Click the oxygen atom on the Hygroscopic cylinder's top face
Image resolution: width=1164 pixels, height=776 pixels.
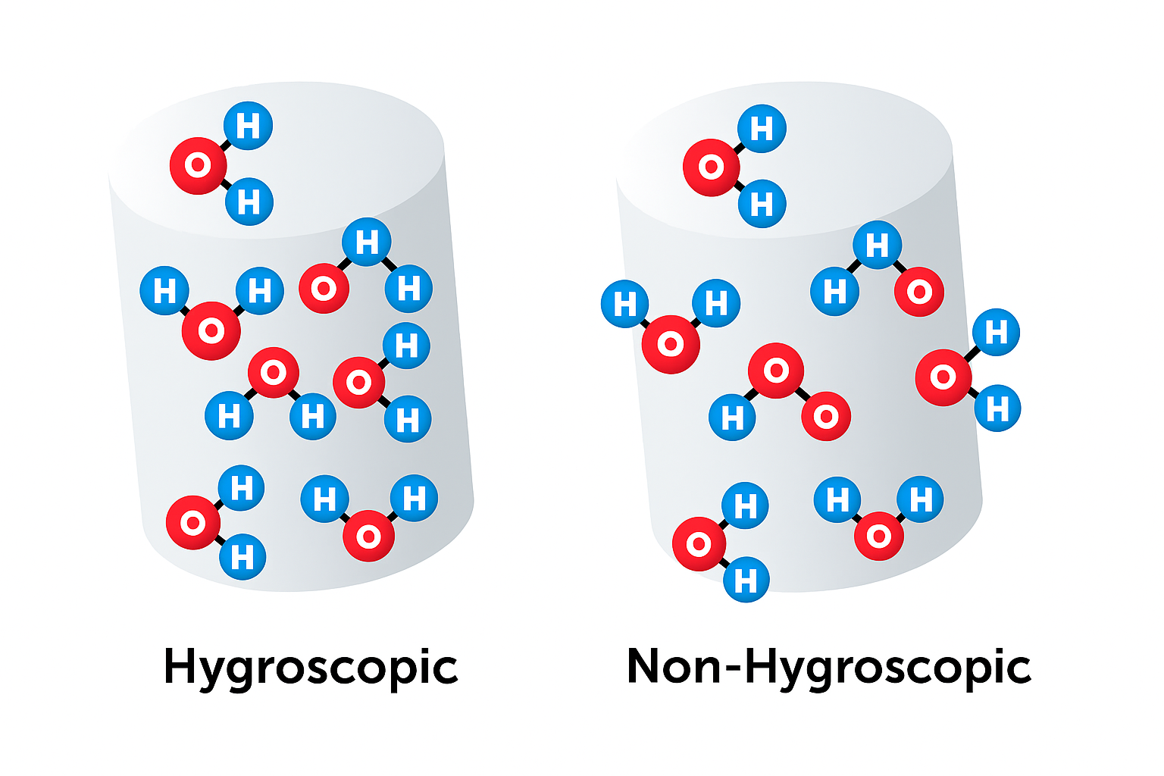tap(198, 165)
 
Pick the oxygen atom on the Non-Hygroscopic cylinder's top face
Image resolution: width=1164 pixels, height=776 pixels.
tap(711, 167)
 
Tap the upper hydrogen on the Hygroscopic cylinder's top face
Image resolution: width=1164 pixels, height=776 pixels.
tap(249, 126)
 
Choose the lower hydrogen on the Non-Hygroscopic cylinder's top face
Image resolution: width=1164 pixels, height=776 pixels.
tap(762, 204)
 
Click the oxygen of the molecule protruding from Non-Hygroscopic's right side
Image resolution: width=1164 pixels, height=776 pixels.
tap(943, 377)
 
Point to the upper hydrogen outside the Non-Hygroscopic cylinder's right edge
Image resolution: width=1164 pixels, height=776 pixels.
tap(997, 332)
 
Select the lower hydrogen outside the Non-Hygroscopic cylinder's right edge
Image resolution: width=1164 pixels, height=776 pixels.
tap(998, 408)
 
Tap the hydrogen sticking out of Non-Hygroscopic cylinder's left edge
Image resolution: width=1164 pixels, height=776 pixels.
tap(624, 304)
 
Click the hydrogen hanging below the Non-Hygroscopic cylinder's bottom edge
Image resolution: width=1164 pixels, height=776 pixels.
tap(746, 580)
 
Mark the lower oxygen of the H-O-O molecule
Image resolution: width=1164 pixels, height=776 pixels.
tap(826, 416)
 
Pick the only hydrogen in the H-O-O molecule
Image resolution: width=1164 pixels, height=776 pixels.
tap(732, 418)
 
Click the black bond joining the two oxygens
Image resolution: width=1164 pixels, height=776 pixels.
tap(802, 393)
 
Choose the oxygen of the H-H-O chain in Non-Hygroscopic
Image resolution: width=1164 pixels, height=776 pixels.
tap(919, 292)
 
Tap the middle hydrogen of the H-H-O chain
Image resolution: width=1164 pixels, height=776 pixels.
tap(878, 245)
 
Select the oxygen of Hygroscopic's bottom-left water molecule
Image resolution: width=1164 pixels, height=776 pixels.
tap(193, 523)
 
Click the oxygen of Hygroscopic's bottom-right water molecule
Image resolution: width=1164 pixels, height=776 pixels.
tap(369, 537)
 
